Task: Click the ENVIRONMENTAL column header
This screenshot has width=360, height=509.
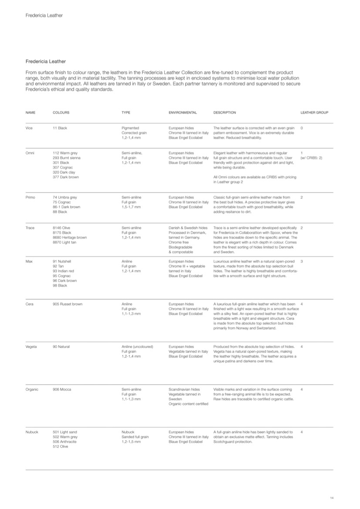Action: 183,112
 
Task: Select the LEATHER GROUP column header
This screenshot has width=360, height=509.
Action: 314,112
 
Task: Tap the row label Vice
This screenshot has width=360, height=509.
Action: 30,128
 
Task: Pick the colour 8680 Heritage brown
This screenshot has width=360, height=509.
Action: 70,237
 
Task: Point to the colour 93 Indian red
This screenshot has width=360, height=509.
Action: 63,271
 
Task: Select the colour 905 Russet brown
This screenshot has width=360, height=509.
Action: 68,304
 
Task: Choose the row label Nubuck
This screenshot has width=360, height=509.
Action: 32,432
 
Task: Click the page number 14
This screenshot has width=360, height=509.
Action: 332,498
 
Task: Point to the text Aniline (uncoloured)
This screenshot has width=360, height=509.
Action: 137,347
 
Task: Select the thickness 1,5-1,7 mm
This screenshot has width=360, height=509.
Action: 131,207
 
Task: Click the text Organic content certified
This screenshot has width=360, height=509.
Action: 188,404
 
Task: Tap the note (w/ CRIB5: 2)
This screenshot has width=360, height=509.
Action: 311,158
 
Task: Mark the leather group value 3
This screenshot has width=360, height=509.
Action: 302,261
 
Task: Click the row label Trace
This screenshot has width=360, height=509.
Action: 30,228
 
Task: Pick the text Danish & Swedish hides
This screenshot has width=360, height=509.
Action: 188,228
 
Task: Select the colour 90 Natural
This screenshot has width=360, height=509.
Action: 61,347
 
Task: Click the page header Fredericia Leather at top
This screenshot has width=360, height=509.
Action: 44,15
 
